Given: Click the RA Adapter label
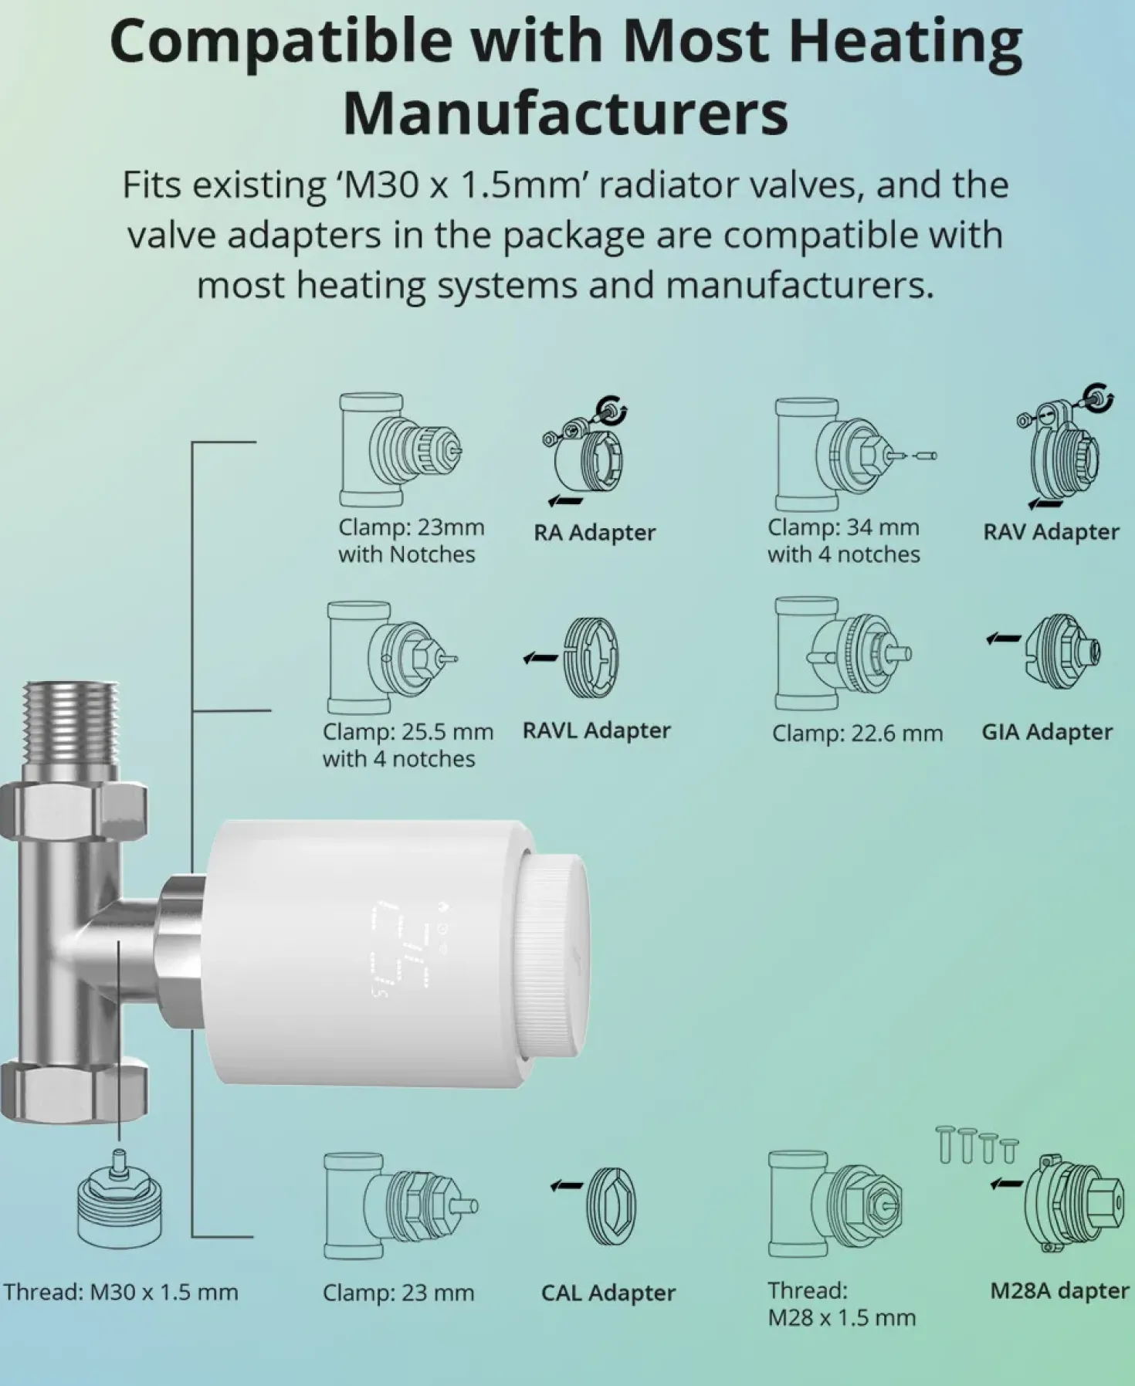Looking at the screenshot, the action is (595, 532).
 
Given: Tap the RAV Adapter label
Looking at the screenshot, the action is (1051, 531).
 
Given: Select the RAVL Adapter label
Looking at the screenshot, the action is (596, 730).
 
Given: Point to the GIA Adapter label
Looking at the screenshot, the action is (1047, 731).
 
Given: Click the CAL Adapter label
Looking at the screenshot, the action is (608, 1293).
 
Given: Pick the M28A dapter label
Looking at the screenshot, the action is (1059, 1290).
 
